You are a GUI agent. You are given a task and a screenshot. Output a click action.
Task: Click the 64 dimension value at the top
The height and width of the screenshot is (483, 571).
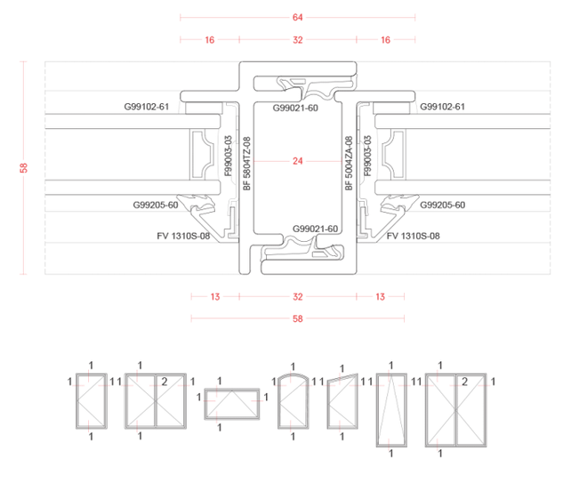[298, 17]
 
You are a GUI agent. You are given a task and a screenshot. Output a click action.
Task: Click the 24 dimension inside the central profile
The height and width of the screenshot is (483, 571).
[298, 161]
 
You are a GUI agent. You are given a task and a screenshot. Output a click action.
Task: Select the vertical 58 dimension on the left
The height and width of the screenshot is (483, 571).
[23, 167]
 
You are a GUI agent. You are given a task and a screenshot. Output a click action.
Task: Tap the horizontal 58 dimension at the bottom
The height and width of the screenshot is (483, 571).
[298, 318]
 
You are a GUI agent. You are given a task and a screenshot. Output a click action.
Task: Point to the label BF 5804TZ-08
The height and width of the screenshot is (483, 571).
[247, 163]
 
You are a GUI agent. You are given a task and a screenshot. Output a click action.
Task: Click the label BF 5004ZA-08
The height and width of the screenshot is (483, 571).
[349, 163]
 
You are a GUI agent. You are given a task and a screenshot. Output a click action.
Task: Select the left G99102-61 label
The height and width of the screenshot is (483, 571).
[147, 107]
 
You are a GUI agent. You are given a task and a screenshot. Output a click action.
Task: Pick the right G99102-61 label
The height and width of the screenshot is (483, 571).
[442, 107]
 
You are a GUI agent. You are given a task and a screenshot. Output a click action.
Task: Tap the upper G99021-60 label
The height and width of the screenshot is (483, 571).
[295, 109]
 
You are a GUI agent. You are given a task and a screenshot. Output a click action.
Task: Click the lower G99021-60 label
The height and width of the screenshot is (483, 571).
[316, 229]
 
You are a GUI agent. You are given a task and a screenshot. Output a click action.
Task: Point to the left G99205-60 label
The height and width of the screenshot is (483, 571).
[156, 205]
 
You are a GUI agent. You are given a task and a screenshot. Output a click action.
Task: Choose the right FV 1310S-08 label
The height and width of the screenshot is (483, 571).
[414, 236]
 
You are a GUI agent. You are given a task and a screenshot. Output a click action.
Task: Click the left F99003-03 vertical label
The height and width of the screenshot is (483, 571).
[229, 156]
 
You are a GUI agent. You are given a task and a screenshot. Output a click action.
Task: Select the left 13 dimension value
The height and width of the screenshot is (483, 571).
[215, 297]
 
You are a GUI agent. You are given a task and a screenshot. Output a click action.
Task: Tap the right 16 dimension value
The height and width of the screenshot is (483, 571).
[385, 40]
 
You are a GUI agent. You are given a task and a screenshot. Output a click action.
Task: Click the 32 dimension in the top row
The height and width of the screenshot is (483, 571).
[298, 40]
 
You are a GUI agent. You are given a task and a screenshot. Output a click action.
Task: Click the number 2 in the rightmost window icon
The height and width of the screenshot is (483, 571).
[464, 382]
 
